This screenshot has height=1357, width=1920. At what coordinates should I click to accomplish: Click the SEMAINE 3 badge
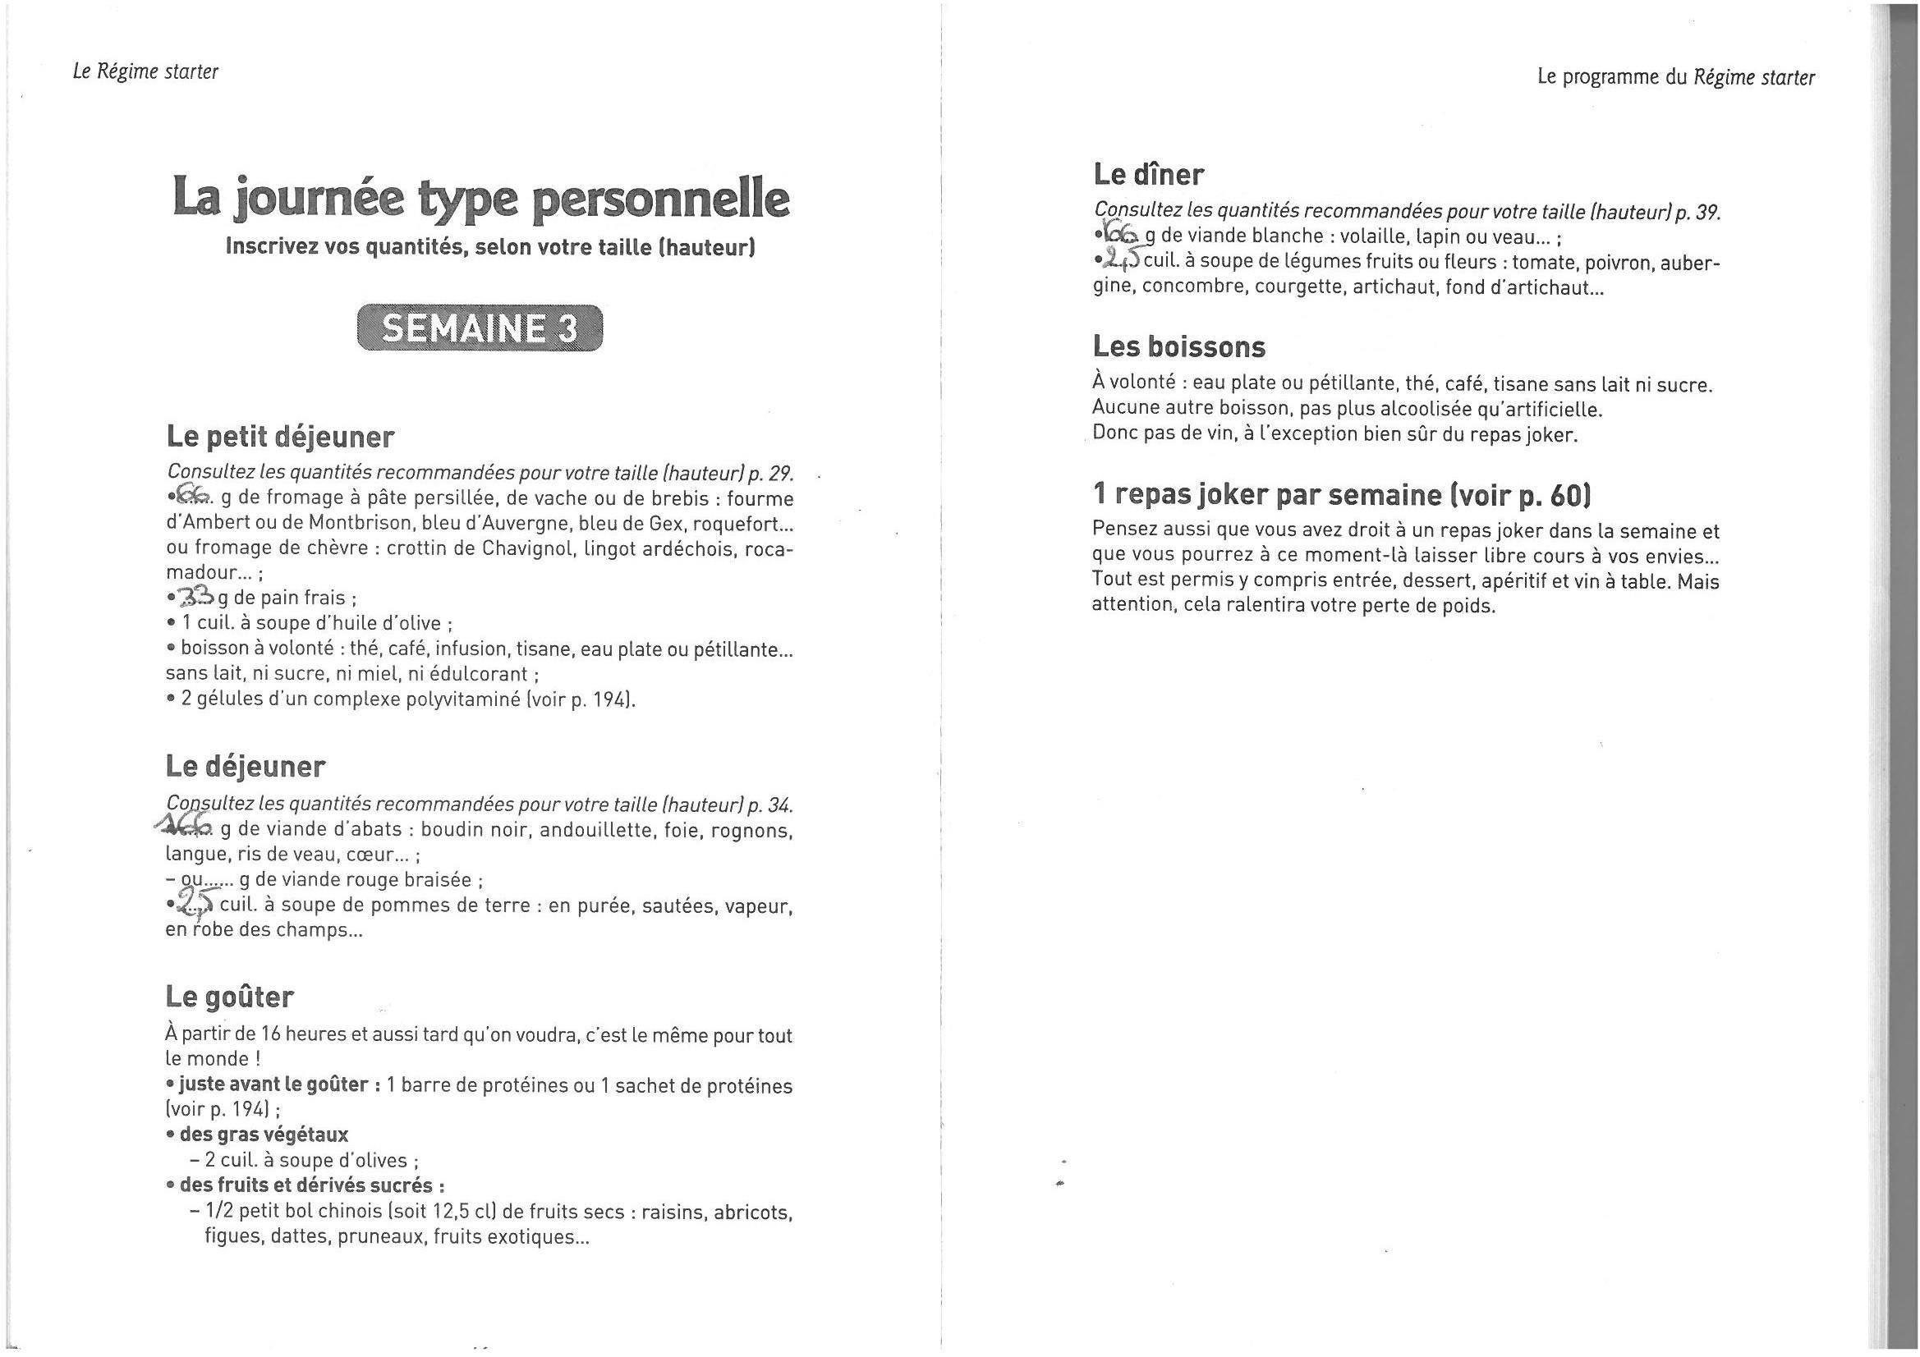[x=479, y=328]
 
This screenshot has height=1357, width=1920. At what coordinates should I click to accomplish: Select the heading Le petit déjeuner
[x=280, y=437]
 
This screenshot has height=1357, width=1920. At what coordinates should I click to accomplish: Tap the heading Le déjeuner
[x=245, y=767]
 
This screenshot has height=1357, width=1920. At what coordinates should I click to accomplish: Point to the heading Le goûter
[x=230, y=997]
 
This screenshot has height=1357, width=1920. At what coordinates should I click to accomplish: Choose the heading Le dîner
[x=1148, y=175]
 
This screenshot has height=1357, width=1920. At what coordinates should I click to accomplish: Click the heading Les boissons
[x=1178, y=346]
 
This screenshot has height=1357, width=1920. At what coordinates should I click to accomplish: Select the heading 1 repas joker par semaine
[x=1341, y=495]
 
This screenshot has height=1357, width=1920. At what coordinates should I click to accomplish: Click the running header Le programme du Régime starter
[x=1676, y=78]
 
